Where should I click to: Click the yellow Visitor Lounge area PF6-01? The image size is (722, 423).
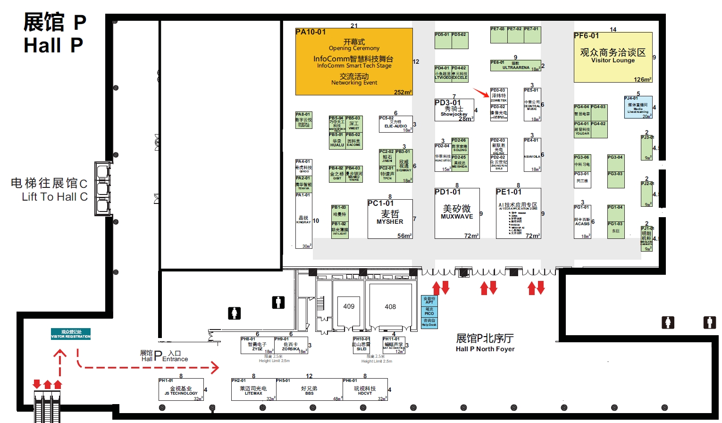point(613,57)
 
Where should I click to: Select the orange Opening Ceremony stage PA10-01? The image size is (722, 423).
point(354,62)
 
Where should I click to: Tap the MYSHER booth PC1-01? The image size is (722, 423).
point(390,219)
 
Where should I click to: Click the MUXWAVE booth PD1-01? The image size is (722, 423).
point(457,213)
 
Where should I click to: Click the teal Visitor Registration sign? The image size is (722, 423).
point(71,334)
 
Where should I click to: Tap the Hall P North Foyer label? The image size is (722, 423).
point(485,342)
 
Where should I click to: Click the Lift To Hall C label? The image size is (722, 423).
point(50,189)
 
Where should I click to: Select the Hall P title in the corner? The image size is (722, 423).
point(54,34)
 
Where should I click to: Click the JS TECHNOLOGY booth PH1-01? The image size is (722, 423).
point(181,390)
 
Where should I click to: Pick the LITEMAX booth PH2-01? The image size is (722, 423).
point(253,390)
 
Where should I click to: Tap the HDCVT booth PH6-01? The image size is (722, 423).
point(365,390)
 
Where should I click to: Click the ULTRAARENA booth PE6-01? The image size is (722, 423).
point(515,66)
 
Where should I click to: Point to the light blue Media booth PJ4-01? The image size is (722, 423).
point(638,107)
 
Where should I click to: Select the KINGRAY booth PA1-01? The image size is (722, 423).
point(303,220)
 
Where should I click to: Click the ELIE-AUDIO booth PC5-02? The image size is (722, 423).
point(395,124)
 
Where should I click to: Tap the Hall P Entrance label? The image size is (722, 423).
point(164,355)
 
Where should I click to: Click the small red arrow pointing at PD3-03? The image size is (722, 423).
point(481,93)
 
